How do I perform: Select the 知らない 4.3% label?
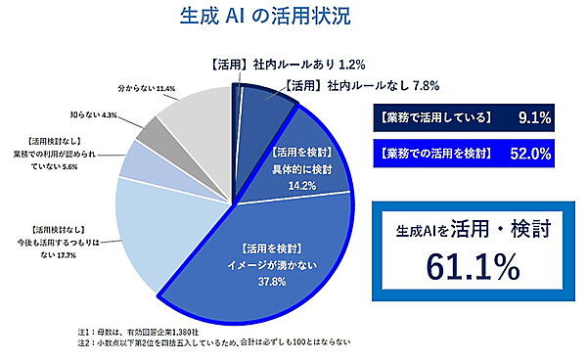(94, 114)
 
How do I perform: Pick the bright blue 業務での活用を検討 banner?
(431, 154)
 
